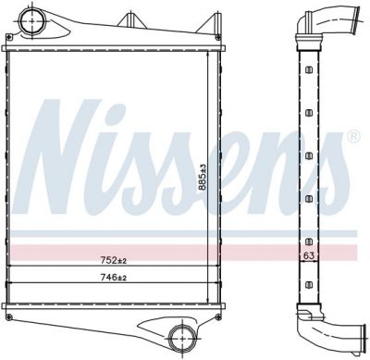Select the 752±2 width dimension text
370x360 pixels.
coord(114,261)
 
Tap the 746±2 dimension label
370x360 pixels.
coord(114,278)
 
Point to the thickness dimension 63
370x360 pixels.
coord(309,255)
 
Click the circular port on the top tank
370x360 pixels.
coord(32,20)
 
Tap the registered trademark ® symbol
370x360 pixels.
coord(353,136)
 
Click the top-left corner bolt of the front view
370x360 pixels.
coord(9,37)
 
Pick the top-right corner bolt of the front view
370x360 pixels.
coord(218,38)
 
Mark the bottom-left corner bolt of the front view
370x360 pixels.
coord(9,317)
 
